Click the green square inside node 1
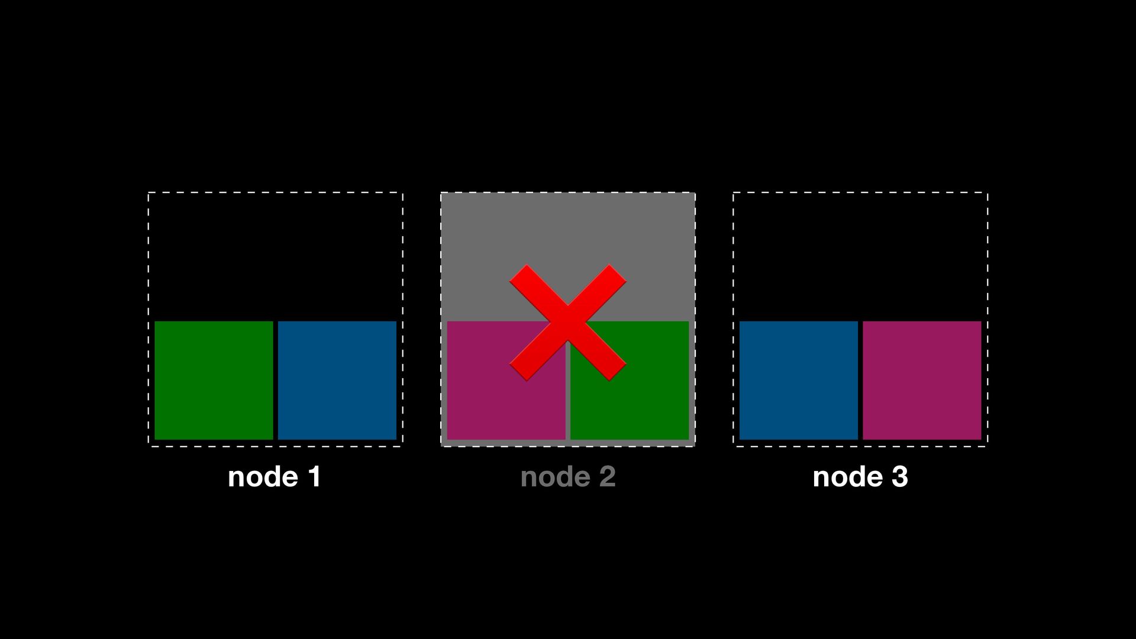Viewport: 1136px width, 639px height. click(214, 380)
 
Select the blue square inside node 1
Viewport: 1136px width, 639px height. click(337, 380)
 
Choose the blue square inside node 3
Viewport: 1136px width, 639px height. click(798, 380)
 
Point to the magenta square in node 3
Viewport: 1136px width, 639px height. click(922, 380)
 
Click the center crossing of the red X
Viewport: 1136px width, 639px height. click(567, 322)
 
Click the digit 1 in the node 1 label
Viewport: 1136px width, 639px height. click(315, 477)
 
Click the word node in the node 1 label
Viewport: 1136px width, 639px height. click(263, 477)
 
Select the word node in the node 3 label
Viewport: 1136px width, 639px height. click(848, 477)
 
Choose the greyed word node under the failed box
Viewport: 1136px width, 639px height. click(555, 477)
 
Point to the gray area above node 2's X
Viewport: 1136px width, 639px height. click(567, 228)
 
